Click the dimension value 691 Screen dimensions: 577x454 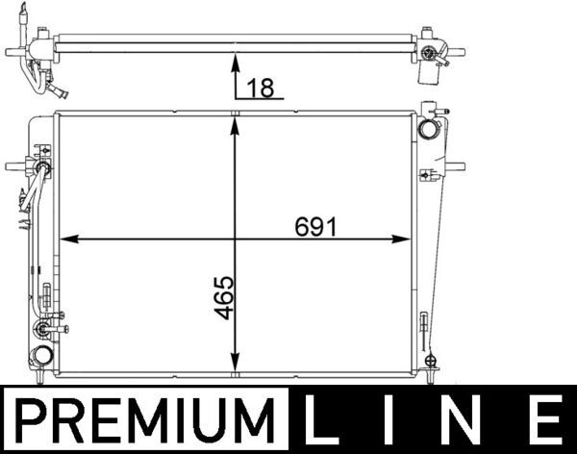[x=315, y=227]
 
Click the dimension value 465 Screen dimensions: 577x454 [x=224, y=297]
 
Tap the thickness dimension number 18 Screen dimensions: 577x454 [x=261, y=88]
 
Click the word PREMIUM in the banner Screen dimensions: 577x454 [x=145, y=419]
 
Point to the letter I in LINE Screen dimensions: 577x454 [x=388, y=419]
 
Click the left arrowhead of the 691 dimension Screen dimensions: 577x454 [x=69, y=240]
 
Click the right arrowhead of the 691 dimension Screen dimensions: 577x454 [x=401, y=240]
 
